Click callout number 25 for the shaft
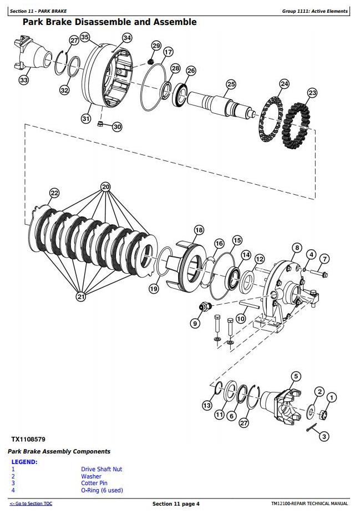point(231,84)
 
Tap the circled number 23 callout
point(312,93)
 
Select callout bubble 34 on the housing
point(127,38)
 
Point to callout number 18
point(199,230)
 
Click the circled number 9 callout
point(195,324)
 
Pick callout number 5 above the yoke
point(296,376)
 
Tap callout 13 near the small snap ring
point(207,406)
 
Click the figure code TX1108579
point(28,439)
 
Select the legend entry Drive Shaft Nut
point(102,469)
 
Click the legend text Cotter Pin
point(94,483)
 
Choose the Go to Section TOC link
point(31,503)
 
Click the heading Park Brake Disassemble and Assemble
point(110,22)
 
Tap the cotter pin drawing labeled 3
point(312,427)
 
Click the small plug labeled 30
point(101,124)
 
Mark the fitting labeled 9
point(206,307)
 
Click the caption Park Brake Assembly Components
point(59,451)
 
